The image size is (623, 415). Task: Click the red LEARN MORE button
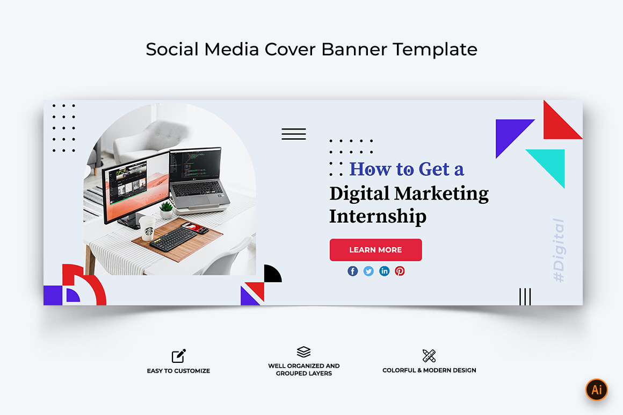(x=375, y=249)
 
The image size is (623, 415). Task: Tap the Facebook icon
(x=352, y=271)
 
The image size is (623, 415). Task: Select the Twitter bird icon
(x=368, y=271)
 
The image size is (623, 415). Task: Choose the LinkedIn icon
(x=384, y=271)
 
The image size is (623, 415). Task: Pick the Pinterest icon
(x=400, y=271)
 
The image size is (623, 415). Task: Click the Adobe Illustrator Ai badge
(x=596, y=390)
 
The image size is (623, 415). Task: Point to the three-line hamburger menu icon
(x=294, y=134)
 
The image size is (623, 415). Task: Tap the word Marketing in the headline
(x=442, y=194)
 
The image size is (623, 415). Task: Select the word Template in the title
(x=435, y=49)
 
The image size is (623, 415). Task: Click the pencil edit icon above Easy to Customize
(x=179, y=356)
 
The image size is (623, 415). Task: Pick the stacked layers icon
(x=303, y=352)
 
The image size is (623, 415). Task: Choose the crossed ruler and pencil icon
(x=429, y=356)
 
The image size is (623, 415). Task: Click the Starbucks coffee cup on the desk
(x=147, y=228)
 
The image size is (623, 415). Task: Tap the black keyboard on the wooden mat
(x=173, y=239)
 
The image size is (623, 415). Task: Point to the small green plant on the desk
(x=166, y=210)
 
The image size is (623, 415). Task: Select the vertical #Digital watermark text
(x=559, y=251)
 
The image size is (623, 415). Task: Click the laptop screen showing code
(x=195, y=164)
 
